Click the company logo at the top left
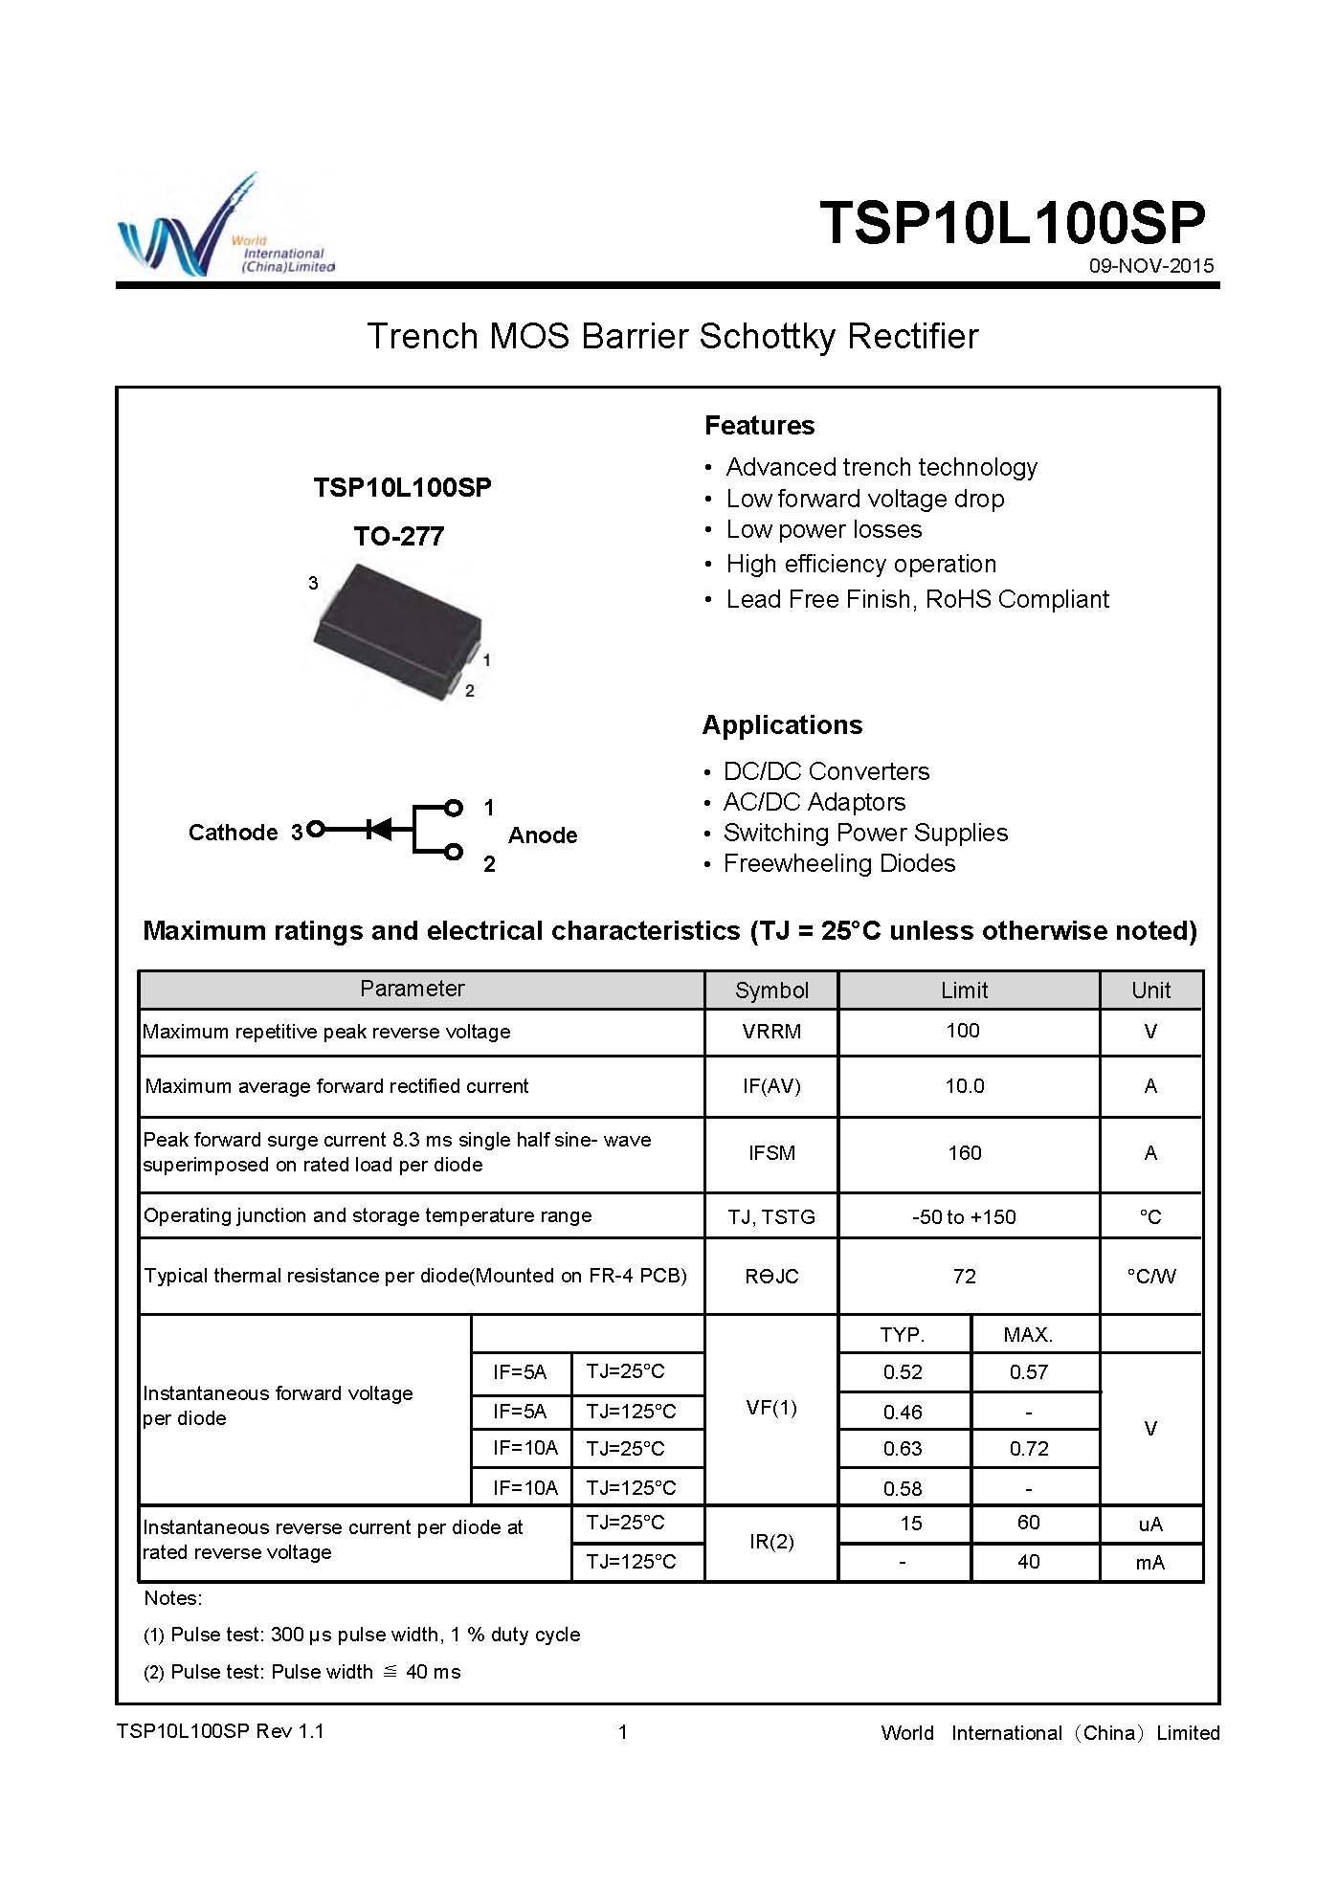click(x=225, y=230)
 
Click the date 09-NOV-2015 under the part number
click(x=1150, y=266)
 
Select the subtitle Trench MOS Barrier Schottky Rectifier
click(x=672, y=337)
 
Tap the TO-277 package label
click(x=399, y=536)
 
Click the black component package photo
click(x=397, y=630)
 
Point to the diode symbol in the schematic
click(x=380, y=829)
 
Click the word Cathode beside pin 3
click(x=233, y=833)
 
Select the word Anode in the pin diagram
click(x=543, y=835)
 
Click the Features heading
click(x=759, y=426)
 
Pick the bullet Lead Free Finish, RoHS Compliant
click(x=917, y=600)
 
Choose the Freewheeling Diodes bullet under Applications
click(x=838, y=864)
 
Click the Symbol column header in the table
click(x=771, y=991)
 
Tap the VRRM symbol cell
click(x=771, y=1032)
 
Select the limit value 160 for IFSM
click(x=965, y=1153)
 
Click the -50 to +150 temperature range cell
click(x=964, y=1217)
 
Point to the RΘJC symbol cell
click(x=771, y=1277)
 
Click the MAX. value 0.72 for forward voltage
click(x=1029, y=1449)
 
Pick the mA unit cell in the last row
click(x=1149, y=1563)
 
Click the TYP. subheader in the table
click(x=902, y=1335)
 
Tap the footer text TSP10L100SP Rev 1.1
click(x=220, y=1731)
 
